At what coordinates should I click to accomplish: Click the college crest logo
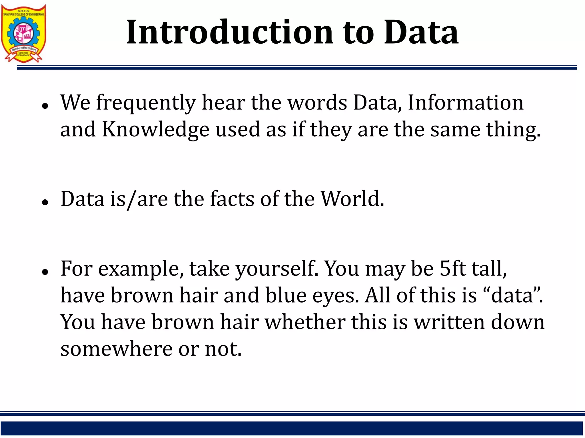(x=23, y=33)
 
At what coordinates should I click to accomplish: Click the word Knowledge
(x=156, y=130)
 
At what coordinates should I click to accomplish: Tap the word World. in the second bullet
(x=352, y=199)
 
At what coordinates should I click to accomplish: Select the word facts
(x=232, y=199)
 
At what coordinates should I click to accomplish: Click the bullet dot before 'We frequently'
(x=45, y=106)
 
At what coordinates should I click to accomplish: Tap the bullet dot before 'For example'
(x=45, y=272)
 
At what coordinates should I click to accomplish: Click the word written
(x=450, y=322)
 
